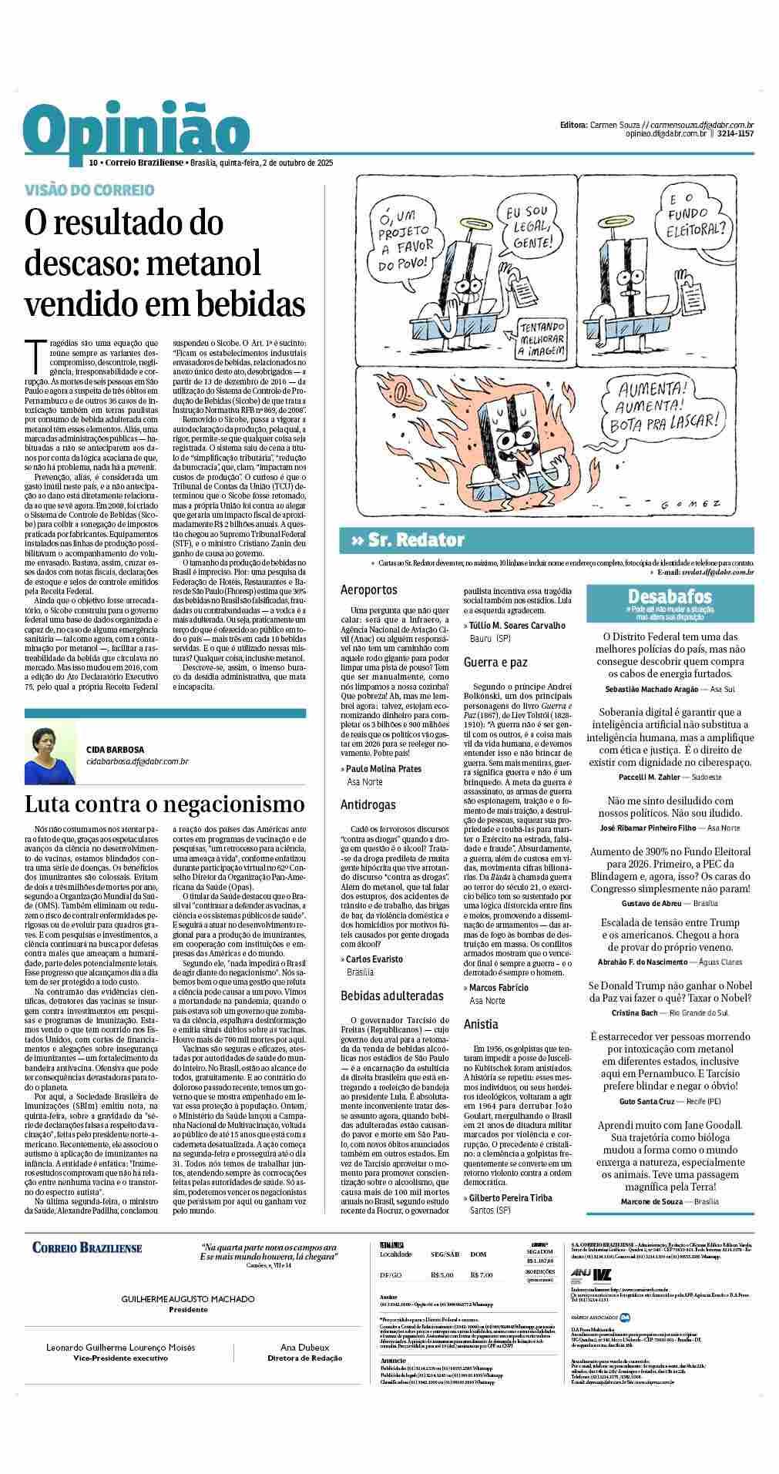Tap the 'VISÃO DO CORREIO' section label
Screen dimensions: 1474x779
(x=89, y=190)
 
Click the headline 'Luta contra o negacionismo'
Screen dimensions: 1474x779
(x=165, y=804)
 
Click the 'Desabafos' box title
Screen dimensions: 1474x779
(x=670, y=596)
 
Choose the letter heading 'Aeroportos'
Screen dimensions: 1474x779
(x=369, y=589)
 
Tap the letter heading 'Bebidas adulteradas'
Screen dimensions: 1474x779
(x=392, y=995)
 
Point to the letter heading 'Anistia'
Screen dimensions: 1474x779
(x=481, y=1024)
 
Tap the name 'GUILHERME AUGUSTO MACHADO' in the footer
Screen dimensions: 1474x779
(x=188, y=1298)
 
